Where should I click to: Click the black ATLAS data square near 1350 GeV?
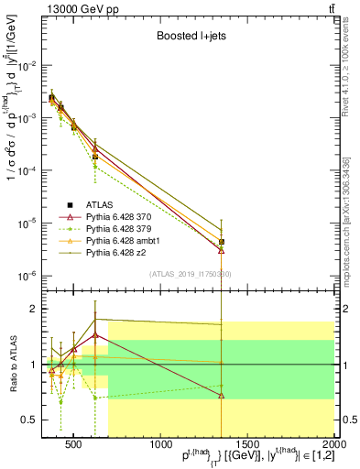coord(222,242)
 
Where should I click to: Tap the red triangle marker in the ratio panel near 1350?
coord(222,396)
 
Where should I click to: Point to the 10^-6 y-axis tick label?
coord(26,276)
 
